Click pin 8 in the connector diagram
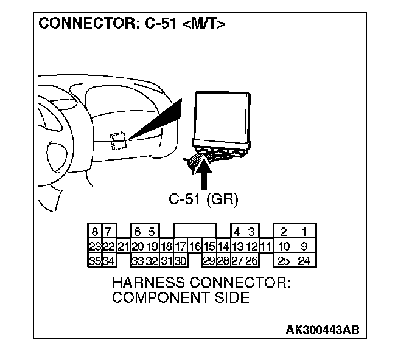point(95,232)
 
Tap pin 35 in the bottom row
point(95,261)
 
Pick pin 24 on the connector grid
point(304,261)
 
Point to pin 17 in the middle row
point(180,246)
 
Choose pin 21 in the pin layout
point(124,246)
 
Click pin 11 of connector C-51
point(265,246)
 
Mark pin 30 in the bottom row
point(180,261)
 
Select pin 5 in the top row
point(152,232)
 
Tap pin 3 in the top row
point(251,232)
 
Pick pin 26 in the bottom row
point(251,261)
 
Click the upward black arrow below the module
point(205,176)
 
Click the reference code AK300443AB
point(322,330)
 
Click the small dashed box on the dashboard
point(119,141)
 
